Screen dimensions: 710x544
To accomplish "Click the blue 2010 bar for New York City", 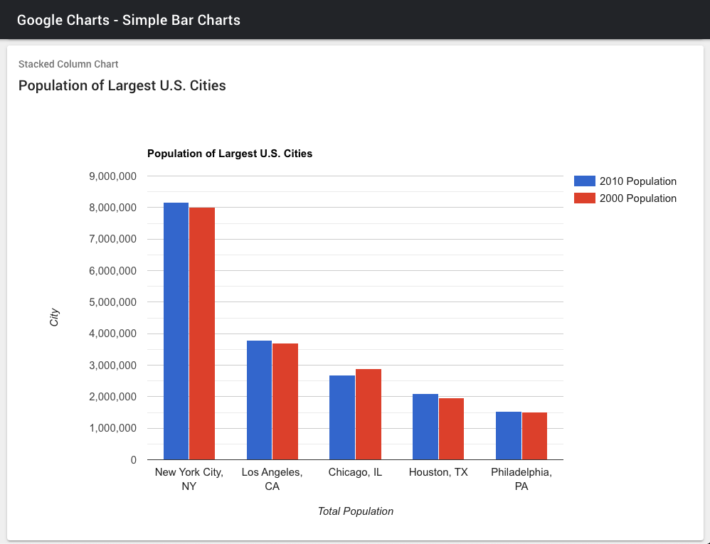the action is [176, 331].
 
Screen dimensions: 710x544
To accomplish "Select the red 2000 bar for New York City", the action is [202, 334].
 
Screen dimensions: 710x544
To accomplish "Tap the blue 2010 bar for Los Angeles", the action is [259, 400].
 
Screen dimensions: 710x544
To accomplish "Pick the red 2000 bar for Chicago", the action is [369, 414].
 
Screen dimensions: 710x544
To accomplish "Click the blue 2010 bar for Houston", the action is [425, 427].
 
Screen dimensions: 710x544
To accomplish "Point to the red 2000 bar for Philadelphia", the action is [534, 436].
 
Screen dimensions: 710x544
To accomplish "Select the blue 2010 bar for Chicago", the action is [342, 417].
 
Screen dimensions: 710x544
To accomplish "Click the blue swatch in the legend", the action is [585, 181].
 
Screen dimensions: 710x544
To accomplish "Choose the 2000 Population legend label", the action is [638, 198].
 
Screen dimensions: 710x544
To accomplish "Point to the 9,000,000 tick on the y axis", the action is [112, 176].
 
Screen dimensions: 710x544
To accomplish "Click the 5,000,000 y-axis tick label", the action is [112, 302].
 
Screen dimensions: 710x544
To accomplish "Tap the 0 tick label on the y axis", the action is [134, 460].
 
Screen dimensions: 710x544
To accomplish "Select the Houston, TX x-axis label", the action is [438, 472].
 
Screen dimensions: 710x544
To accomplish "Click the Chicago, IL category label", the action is [356, 472].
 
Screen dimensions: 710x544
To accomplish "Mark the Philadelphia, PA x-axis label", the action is [521, 479].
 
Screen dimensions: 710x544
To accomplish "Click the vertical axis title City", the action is [54, 317].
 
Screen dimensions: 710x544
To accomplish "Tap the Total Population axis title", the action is [356, 511].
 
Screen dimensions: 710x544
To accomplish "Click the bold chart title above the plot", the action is [230, 154].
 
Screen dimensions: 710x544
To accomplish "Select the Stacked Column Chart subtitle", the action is [68, 64].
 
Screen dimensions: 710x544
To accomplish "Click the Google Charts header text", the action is [129, 20].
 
